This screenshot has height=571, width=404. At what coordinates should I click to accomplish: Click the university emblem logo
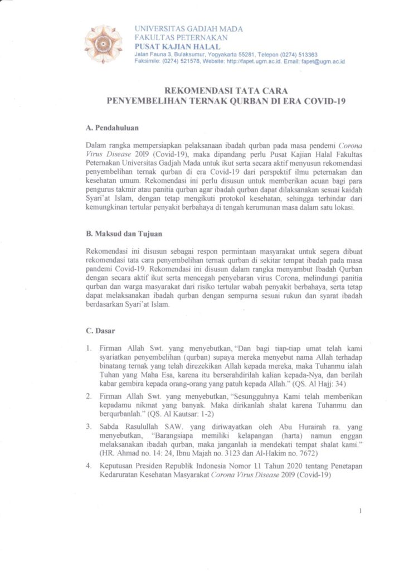click(103, 43)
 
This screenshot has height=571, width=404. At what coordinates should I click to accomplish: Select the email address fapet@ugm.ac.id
click(323, 61)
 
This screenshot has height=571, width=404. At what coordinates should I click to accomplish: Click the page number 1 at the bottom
click(361, 511)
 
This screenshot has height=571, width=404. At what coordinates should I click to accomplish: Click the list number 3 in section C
click(88, 426)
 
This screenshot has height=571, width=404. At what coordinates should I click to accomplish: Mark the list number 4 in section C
click(88, 464)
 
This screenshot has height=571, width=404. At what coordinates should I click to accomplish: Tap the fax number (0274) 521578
click(186, 61)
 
